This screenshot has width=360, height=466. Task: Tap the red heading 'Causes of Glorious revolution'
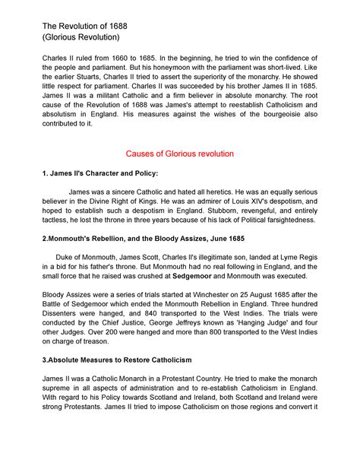click(x=179, y=153)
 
